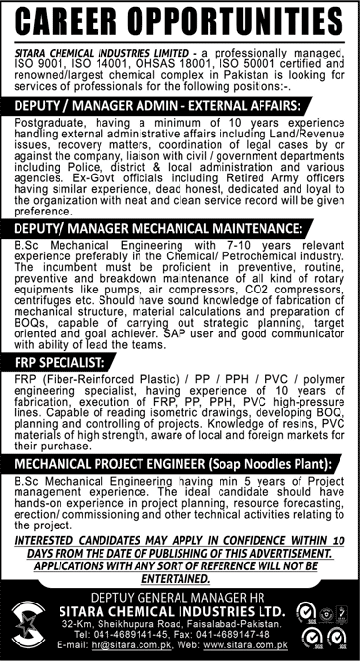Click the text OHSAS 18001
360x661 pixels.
click(x=157, y=62)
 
